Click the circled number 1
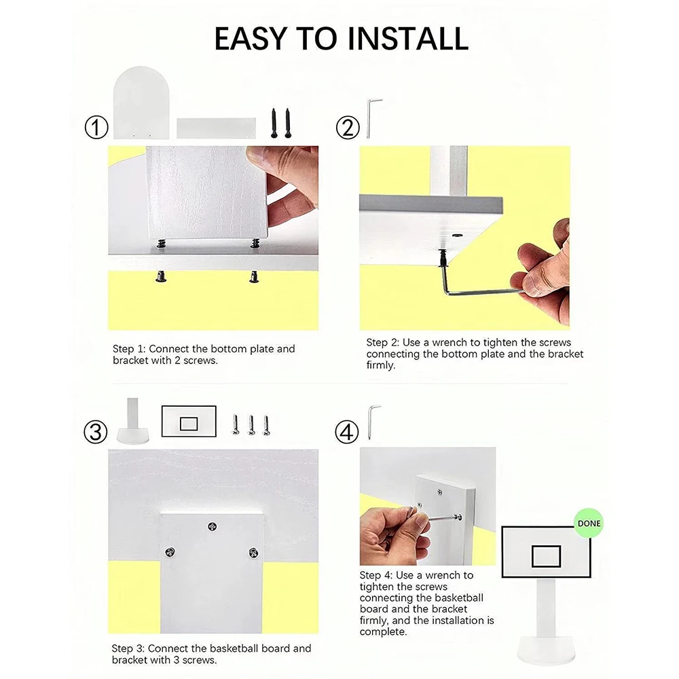pos(96,128)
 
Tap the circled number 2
pos(348,128)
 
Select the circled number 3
pos(96,432)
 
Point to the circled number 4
pos(347,432)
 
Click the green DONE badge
pos(589,523)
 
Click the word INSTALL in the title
pos(407,39)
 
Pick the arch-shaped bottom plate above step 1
pos(141,103)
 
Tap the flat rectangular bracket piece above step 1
pos(216,128)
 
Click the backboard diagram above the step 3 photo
pos(189,422)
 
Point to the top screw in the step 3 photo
pos(212,527)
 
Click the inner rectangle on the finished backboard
pos(546,556)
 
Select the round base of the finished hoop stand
pos(547,650)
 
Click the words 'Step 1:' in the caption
pos(129,349)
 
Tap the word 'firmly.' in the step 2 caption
pos(381,365)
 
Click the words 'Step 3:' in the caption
pos(128,648)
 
